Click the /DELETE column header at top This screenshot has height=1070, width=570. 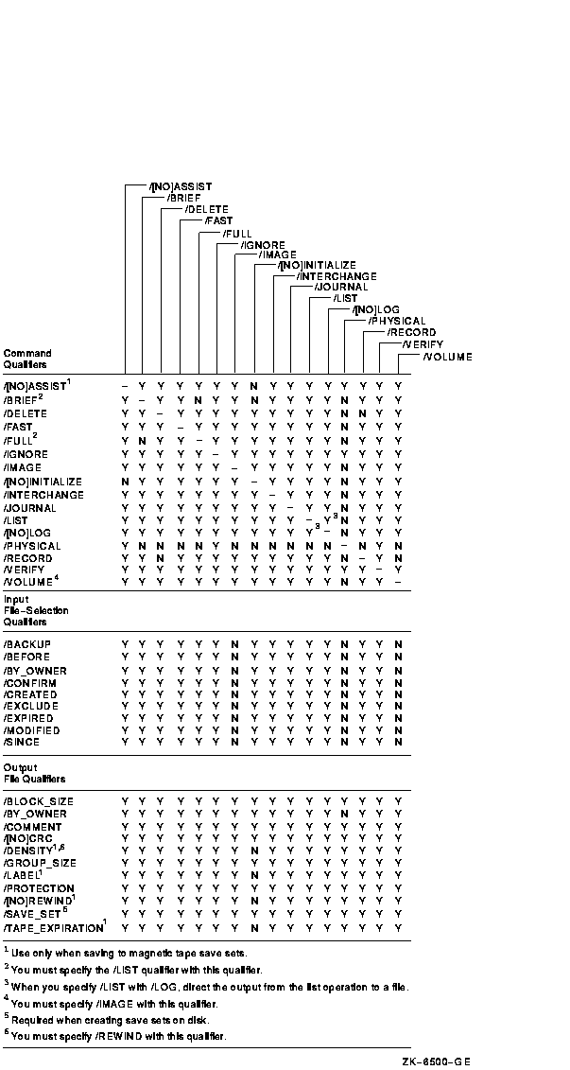point(207,209)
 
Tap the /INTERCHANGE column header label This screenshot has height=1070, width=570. point(337,275)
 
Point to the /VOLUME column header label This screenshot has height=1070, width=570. point(447,357)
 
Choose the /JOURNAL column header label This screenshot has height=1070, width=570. point(341,287)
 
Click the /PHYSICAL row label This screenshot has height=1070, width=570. point(32,546)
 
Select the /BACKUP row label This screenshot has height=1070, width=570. point(27,644)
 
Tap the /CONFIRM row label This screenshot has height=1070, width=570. point(30,682)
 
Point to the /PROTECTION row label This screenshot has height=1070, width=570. point(39,888)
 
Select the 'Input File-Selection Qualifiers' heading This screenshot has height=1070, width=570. point(36,610)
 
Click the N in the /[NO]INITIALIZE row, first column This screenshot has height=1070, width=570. point(125,482)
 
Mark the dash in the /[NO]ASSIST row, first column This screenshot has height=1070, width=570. point(125,387)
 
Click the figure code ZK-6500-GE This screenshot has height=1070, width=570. point(435,1061)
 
